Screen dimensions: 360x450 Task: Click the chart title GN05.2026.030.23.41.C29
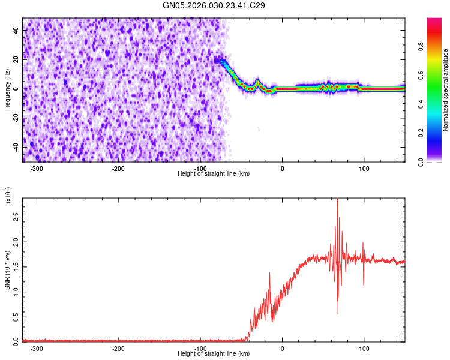[214, 5]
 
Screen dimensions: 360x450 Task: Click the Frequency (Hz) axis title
[7, 90]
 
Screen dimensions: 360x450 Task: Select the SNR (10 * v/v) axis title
[7, 269]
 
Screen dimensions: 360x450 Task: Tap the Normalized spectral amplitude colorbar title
[446, 90]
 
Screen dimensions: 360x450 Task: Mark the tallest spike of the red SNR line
[337, 200]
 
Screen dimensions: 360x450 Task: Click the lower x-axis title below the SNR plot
[214, 354]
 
